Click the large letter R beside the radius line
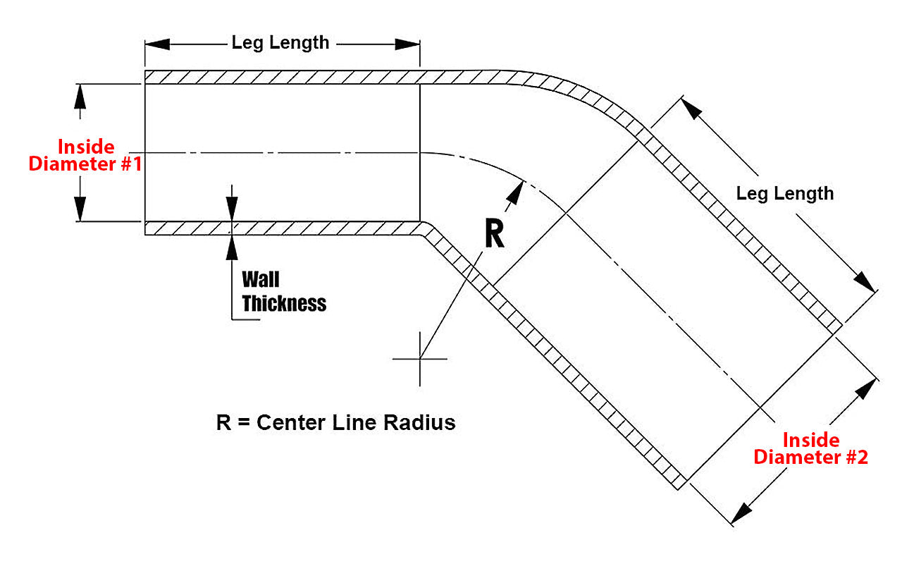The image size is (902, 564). pos(494,235)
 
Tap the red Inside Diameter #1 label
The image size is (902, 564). pos(85,156)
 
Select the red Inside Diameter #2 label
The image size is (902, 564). pos(811,449)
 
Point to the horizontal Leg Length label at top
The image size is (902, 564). pos(280,43)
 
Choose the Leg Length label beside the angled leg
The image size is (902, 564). pos(784,193)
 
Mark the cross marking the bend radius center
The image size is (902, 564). pos(420,359)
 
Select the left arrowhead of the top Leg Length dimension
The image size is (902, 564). pos(156,44)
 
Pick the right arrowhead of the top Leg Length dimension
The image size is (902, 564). pos(408,44)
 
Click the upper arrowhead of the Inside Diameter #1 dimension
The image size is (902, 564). pos(80,94)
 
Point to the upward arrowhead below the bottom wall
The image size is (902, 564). pos(232,244)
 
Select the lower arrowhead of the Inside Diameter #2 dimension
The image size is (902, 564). pos(741,513)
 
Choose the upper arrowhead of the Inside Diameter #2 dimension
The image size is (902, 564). pos(869,389)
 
